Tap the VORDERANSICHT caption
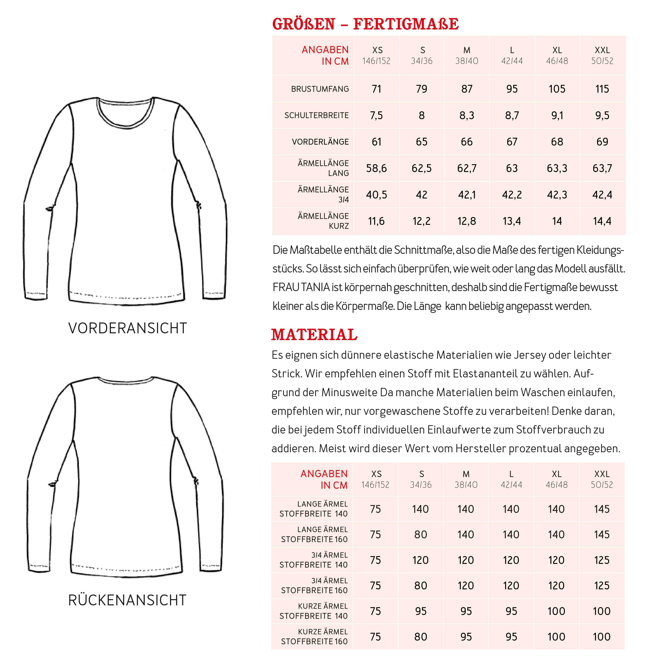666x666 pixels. pyautogui.click(x=128, y=328)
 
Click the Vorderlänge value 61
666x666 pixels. pyautogui.click(x=376, y=142)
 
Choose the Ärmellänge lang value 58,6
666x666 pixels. pyautogui.click(x=376, y=168)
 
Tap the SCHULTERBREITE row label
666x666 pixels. pyautogui.click(x=316, y=115)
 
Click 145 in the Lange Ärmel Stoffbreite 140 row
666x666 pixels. pyautogui.click(x=601, y=509)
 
